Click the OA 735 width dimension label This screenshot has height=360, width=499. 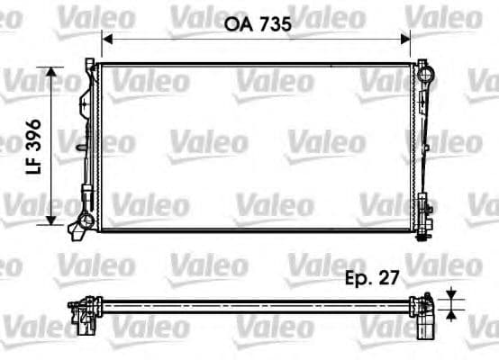[256, 25]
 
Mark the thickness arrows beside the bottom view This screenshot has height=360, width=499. [449, 301]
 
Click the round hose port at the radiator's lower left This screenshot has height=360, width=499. [85, 220]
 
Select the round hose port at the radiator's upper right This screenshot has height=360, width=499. [422, 66]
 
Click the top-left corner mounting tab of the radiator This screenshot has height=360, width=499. [90, 63]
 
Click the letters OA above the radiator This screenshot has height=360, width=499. [237, 25]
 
